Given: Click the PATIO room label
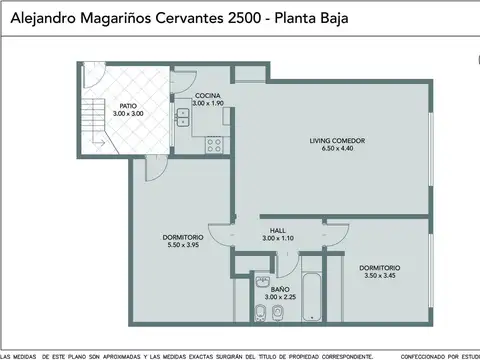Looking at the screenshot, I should (128, 105).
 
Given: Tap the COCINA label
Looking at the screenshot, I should (208, 96).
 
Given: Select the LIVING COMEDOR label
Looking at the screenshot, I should (337, 141).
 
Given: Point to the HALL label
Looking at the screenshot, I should (277, 230).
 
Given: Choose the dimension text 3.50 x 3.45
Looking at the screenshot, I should (380, 275).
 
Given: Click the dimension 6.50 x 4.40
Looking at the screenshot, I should (337, 149).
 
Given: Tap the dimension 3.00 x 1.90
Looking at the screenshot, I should (208, 104).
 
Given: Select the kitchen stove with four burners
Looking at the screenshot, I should (213, 143).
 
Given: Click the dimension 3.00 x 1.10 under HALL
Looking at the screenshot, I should (277, 238).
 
